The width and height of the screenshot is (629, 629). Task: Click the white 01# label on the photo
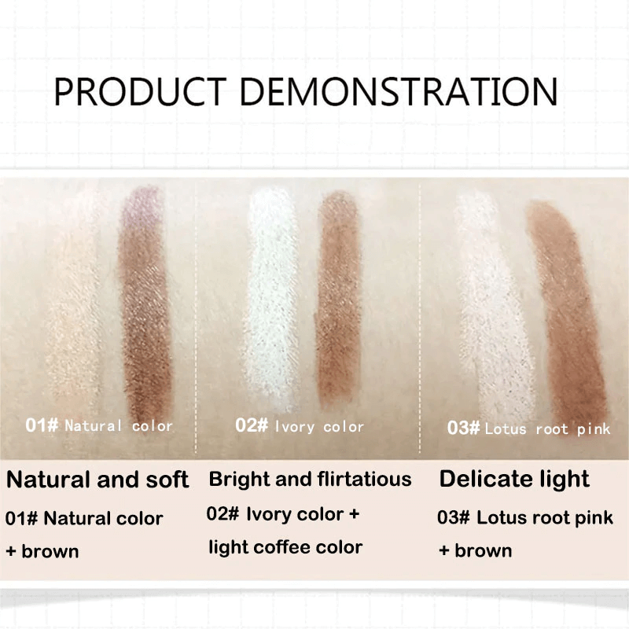tap(42, 426)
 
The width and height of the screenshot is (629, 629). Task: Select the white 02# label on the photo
tap(252, 426)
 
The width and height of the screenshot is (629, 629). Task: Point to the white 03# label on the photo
tap(463, 429)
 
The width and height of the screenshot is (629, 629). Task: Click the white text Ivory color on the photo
tap(318, 427)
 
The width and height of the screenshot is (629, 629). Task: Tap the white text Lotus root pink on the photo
tap(547, 429)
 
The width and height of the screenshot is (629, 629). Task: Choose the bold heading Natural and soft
tap(97, 479)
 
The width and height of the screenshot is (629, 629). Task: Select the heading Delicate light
tap(514, 479)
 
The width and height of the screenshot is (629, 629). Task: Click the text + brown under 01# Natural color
tap(42, 551)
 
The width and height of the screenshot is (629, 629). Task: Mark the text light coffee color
tap(285, 547)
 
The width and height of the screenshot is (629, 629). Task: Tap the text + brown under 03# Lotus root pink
tap(475, 550)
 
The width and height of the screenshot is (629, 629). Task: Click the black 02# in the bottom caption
tap(223, 514)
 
